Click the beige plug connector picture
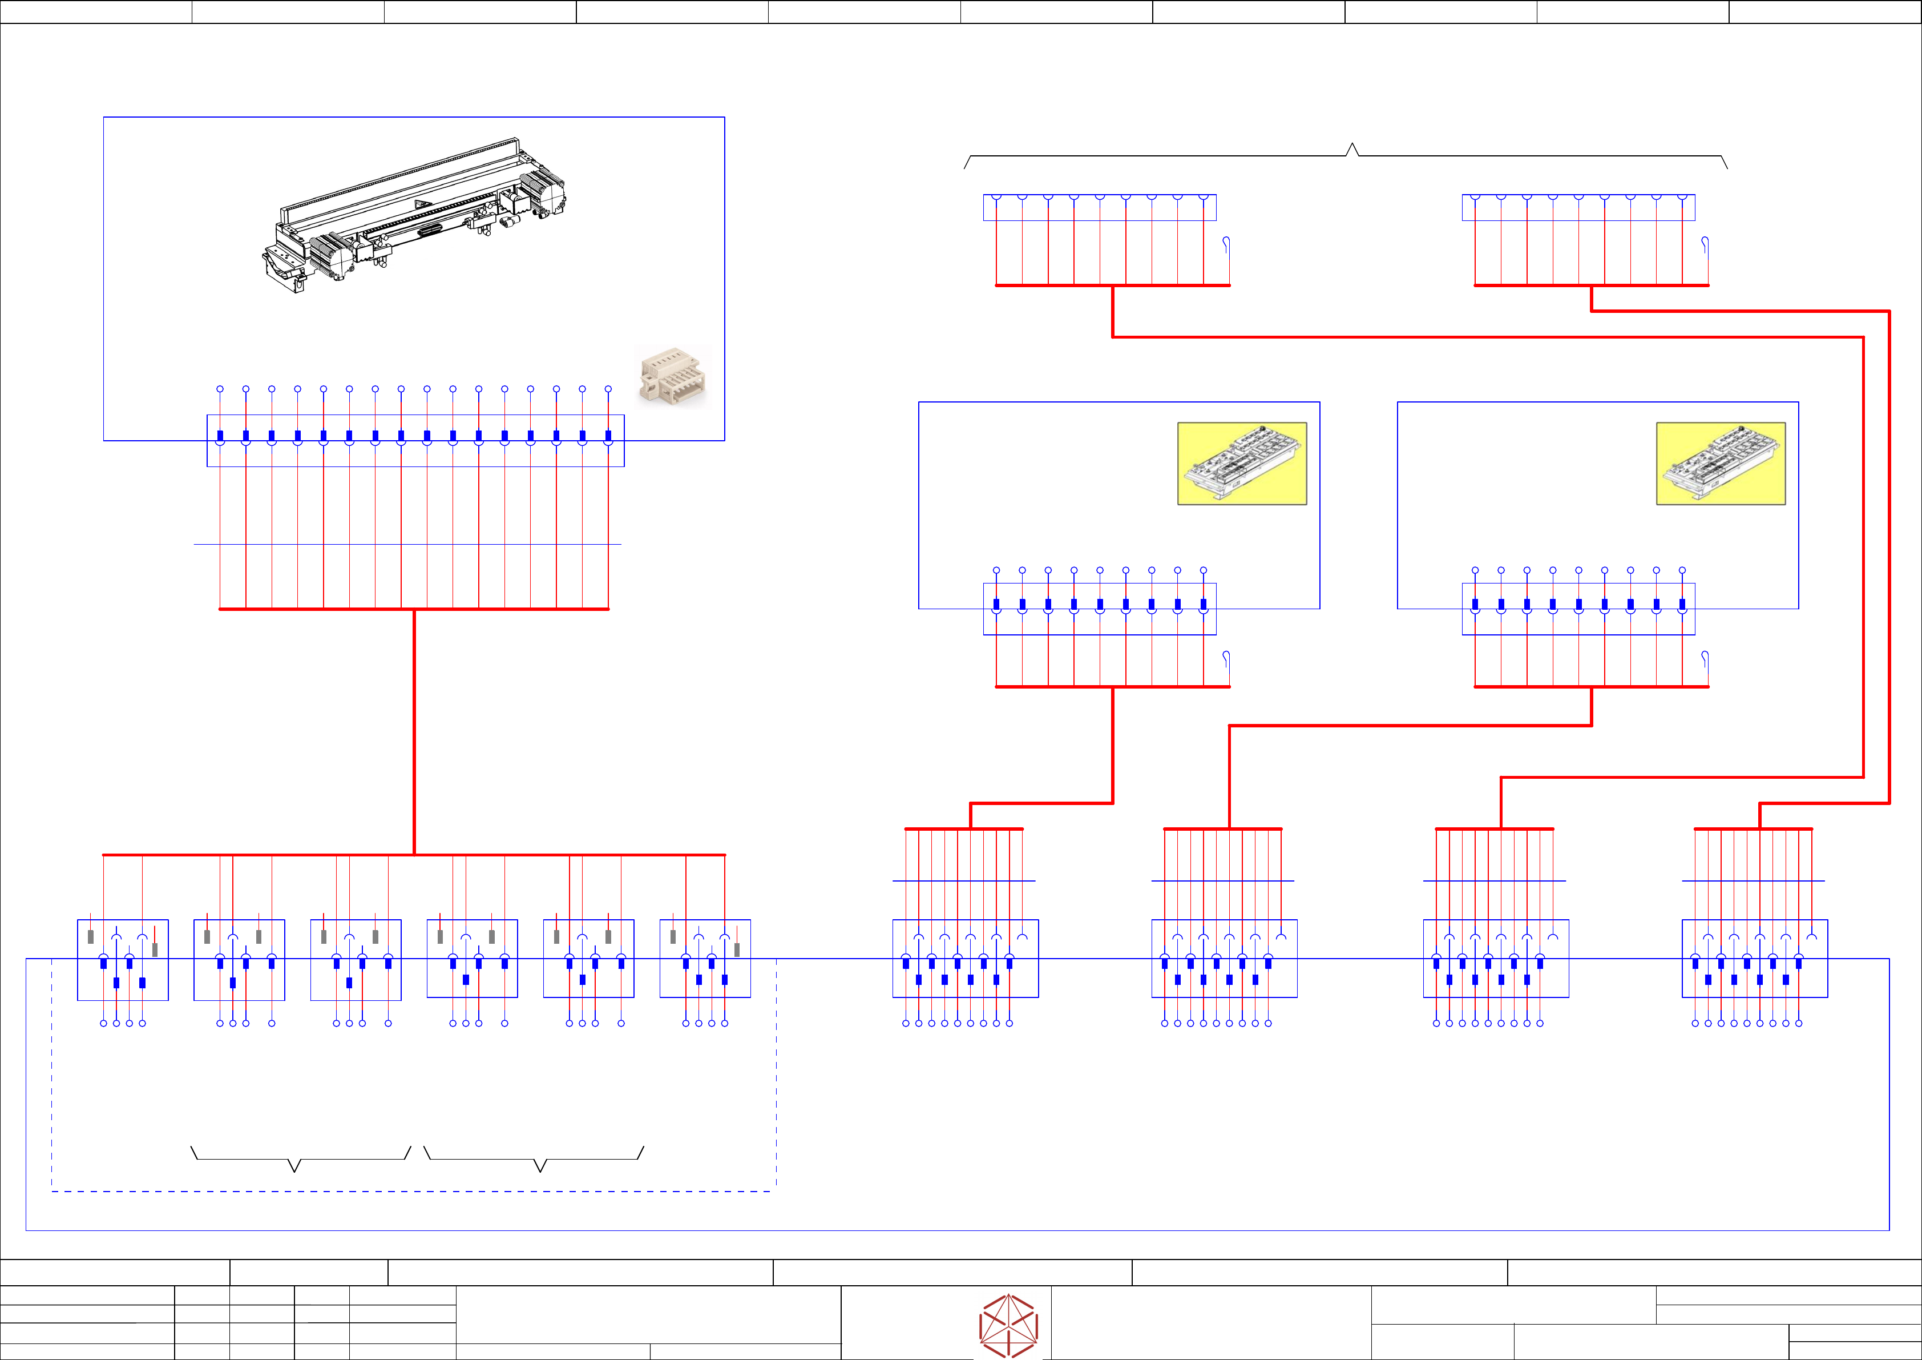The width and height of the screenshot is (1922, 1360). pos(672,378)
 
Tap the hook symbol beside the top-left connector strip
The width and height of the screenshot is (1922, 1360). pos(1226,244)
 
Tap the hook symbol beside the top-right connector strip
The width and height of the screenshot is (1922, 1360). pos(1705,244)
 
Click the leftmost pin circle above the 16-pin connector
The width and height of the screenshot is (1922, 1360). pos(220,389)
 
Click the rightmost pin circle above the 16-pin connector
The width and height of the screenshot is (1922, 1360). pos(608,389)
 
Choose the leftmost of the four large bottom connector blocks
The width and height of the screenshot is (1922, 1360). pos(965,959)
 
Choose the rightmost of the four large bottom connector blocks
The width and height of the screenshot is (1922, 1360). pos(1755,959)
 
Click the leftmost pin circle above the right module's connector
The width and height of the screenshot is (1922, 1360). pos(1475,570)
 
